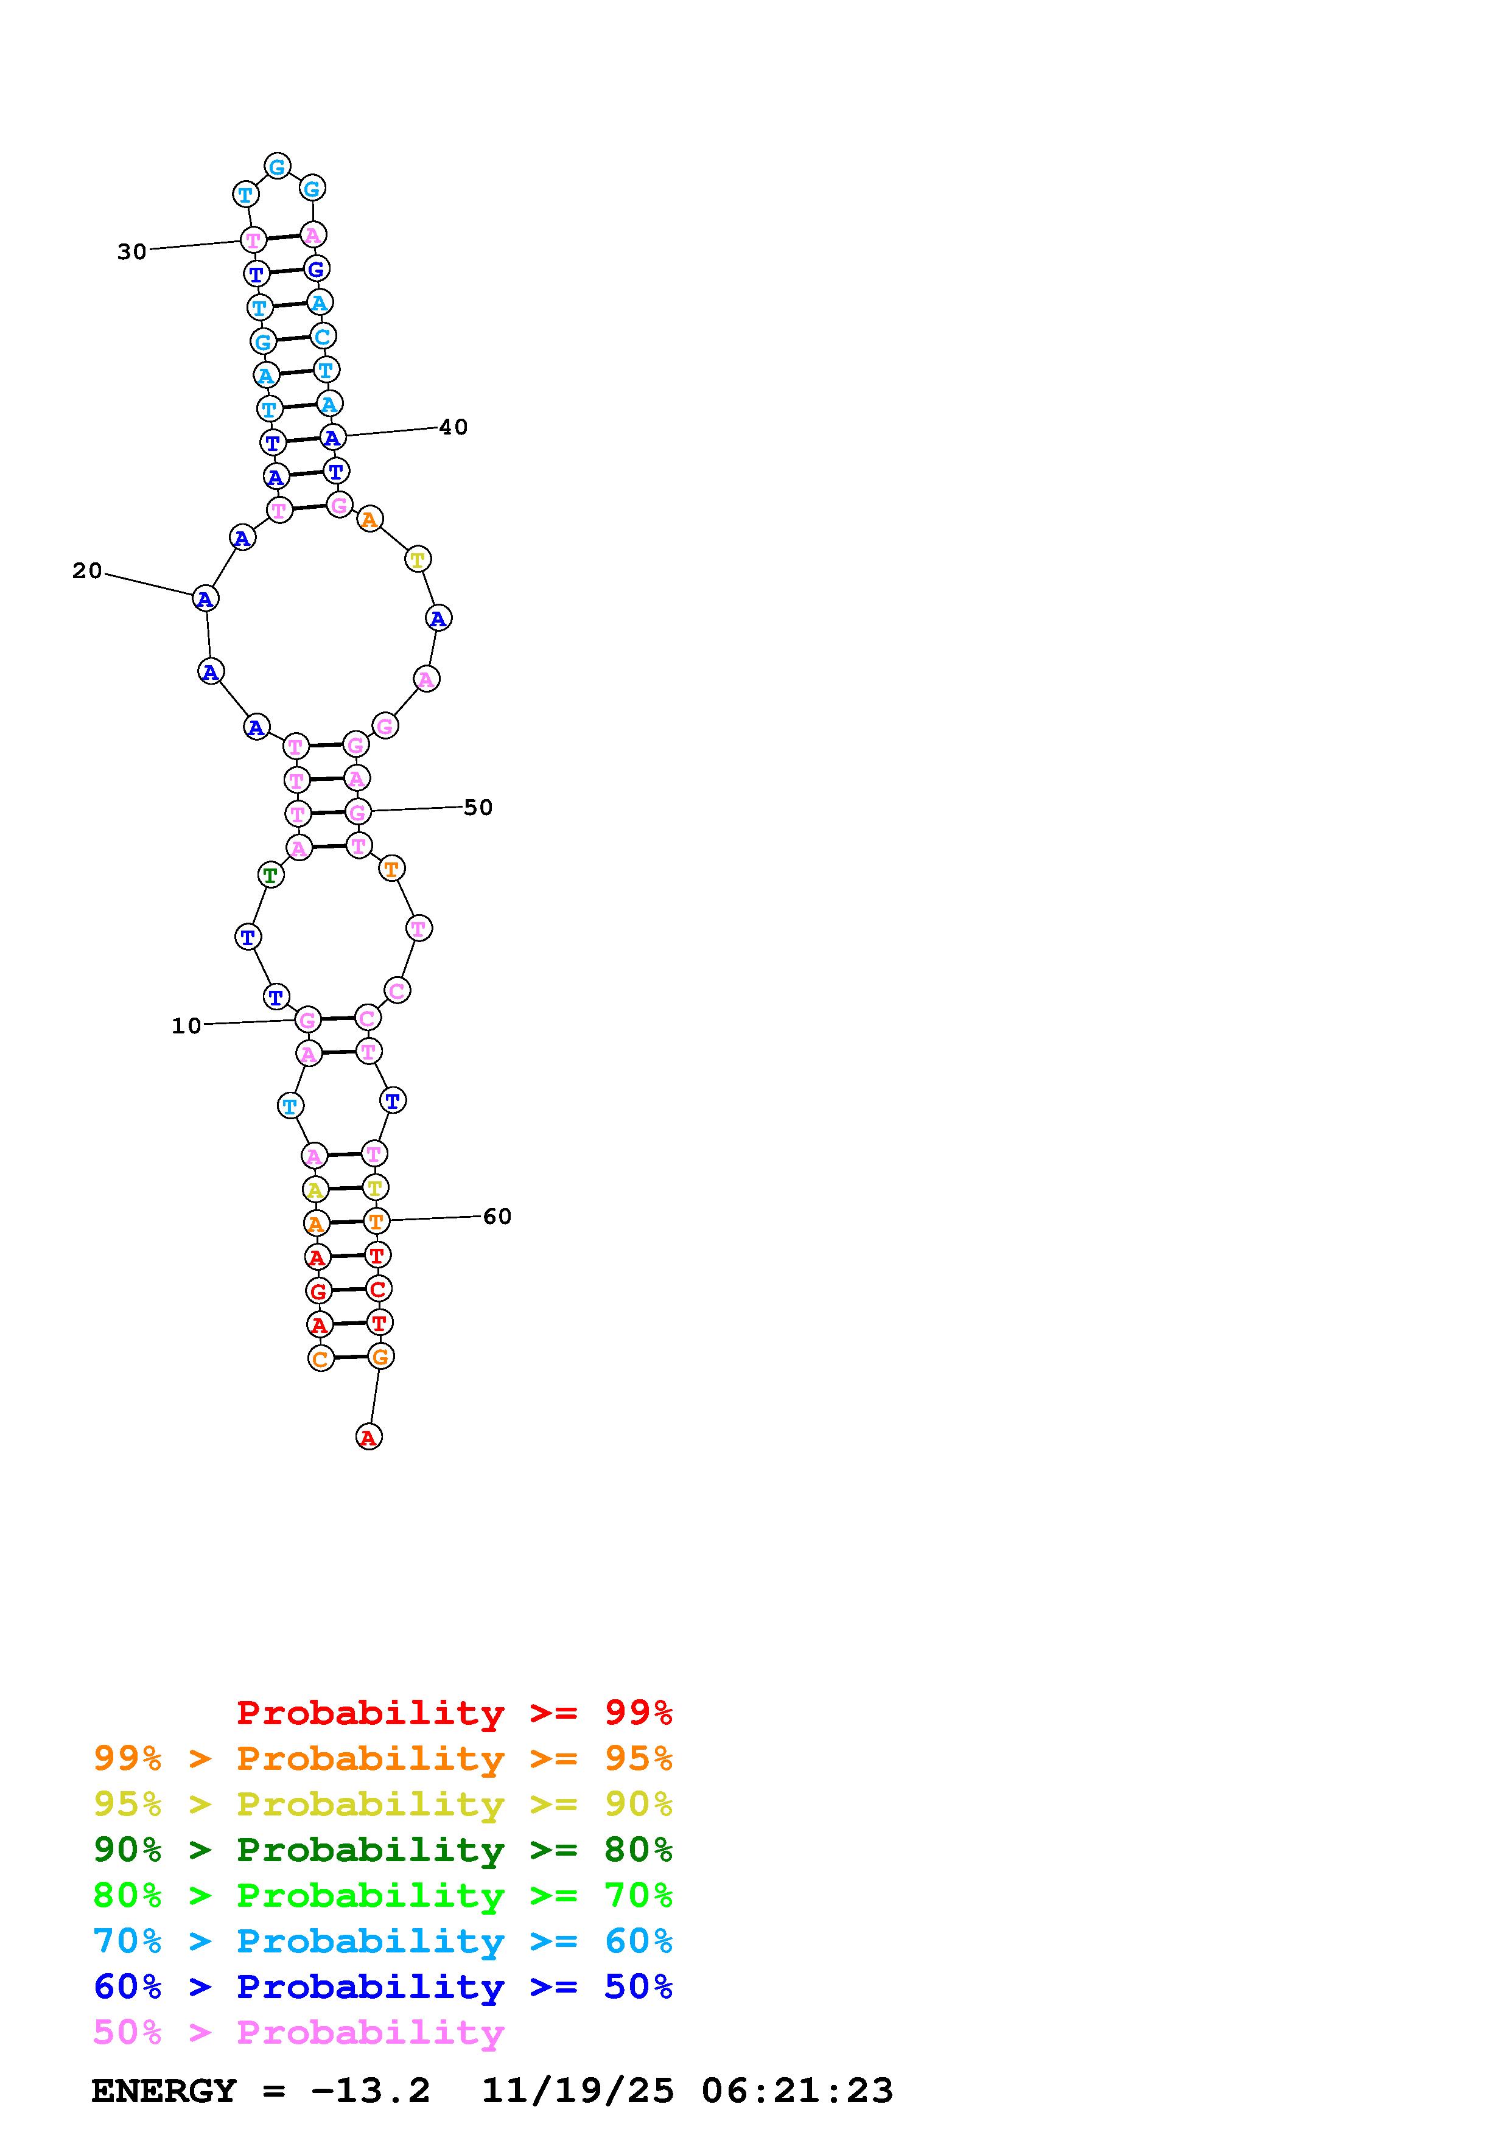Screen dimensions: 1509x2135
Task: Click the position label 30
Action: (132, 251)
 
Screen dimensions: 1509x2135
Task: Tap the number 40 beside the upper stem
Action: (453, 427)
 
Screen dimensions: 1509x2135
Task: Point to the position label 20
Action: (88, 571)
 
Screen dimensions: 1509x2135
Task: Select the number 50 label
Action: (478, 807)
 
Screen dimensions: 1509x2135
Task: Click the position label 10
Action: (187, 1026)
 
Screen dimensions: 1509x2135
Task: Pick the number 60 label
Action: (497, 1216)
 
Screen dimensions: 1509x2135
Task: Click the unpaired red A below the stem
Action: (369, 1437)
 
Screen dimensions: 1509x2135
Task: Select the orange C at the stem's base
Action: (321, 1358)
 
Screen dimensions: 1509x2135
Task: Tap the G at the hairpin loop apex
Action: (277, 166)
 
